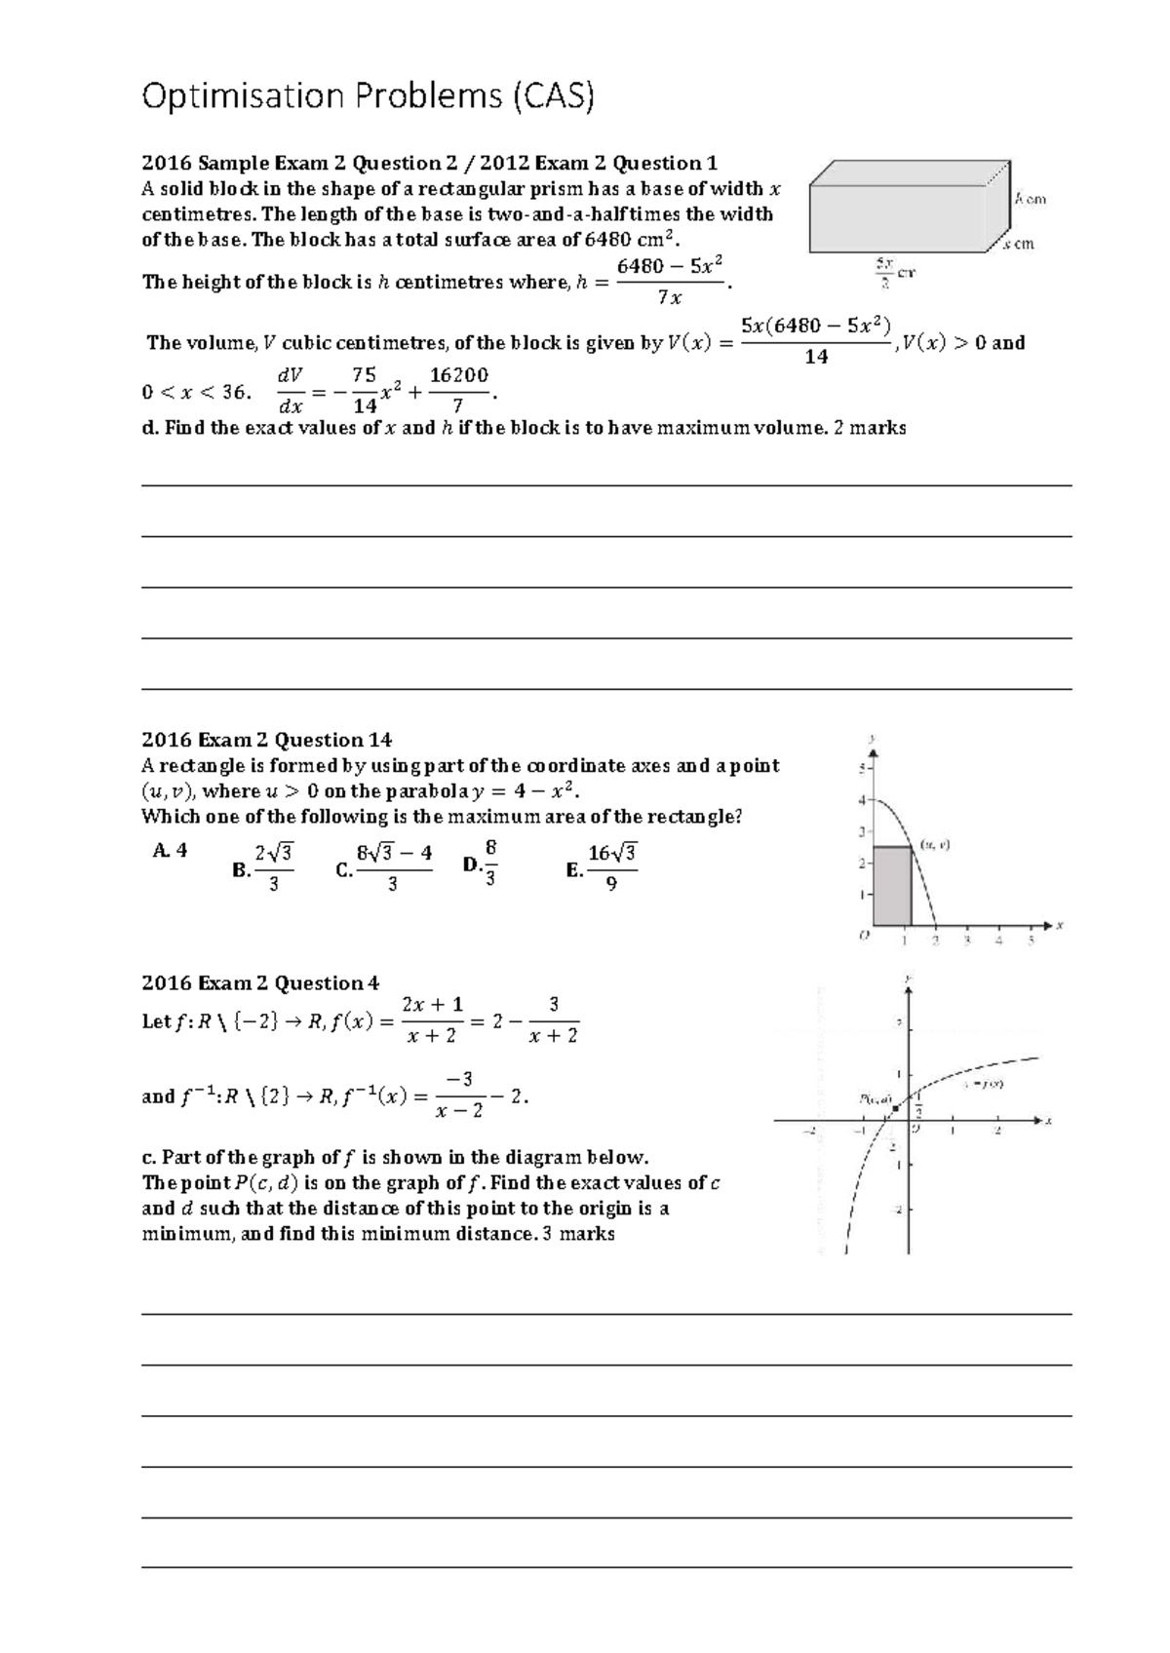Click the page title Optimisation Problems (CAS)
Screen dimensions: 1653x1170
pyautogui.click(x=368, y=96)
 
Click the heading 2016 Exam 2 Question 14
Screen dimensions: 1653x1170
pyautogui.click(x=266, y=740)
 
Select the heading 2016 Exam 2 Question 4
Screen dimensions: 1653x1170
pyautogui.click(x=260, y=982)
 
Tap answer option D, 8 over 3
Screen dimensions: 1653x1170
pyautogui.click(x=483, y=865)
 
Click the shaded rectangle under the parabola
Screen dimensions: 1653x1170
pyautogui.click(x=891, y=886)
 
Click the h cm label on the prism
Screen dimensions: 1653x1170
pyautogui.click(x=1030, y=199)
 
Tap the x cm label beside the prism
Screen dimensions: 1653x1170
pyautogui.click(x=1019, y=245)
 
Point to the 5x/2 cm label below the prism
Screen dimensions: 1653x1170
pyautogui.click(x=892, y=274)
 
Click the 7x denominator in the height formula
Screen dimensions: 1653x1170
pyautogui.click(x=669, y=297)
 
